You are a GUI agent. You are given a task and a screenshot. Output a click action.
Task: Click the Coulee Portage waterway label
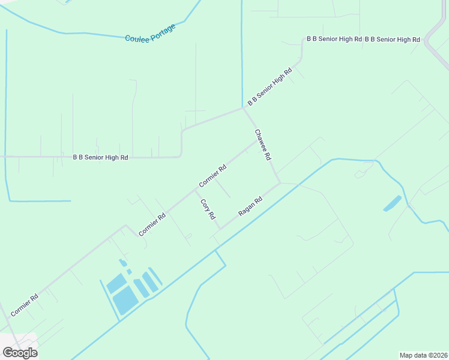[x=150, y=33]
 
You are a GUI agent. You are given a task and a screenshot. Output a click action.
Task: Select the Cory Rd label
[x=208, y=209]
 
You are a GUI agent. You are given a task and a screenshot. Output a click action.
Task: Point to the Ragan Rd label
[x=251, y=206]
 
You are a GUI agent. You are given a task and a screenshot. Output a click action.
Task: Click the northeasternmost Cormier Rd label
[x=213, y=176]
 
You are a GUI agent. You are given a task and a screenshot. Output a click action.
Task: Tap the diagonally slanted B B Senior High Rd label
[x=270, y=86]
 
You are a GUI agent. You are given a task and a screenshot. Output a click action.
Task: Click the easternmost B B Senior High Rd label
[x=393, y=40]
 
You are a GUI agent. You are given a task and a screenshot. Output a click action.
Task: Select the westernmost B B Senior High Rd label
[x=100, y=158]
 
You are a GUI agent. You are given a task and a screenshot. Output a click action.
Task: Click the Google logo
[x=20, y=353]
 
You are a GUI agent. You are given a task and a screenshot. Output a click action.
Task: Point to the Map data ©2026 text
[x=423, y=355]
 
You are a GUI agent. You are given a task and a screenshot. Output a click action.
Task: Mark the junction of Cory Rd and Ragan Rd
[x=220, y=228]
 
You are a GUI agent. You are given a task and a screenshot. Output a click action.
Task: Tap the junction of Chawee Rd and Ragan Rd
[x=279, y=182]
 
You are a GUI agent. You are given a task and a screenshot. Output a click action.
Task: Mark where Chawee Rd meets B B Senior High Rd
[x=243, y=108]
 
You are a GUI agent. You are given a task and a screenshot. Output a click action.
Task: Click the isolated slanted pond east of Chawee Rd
[x=393, y=203]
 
